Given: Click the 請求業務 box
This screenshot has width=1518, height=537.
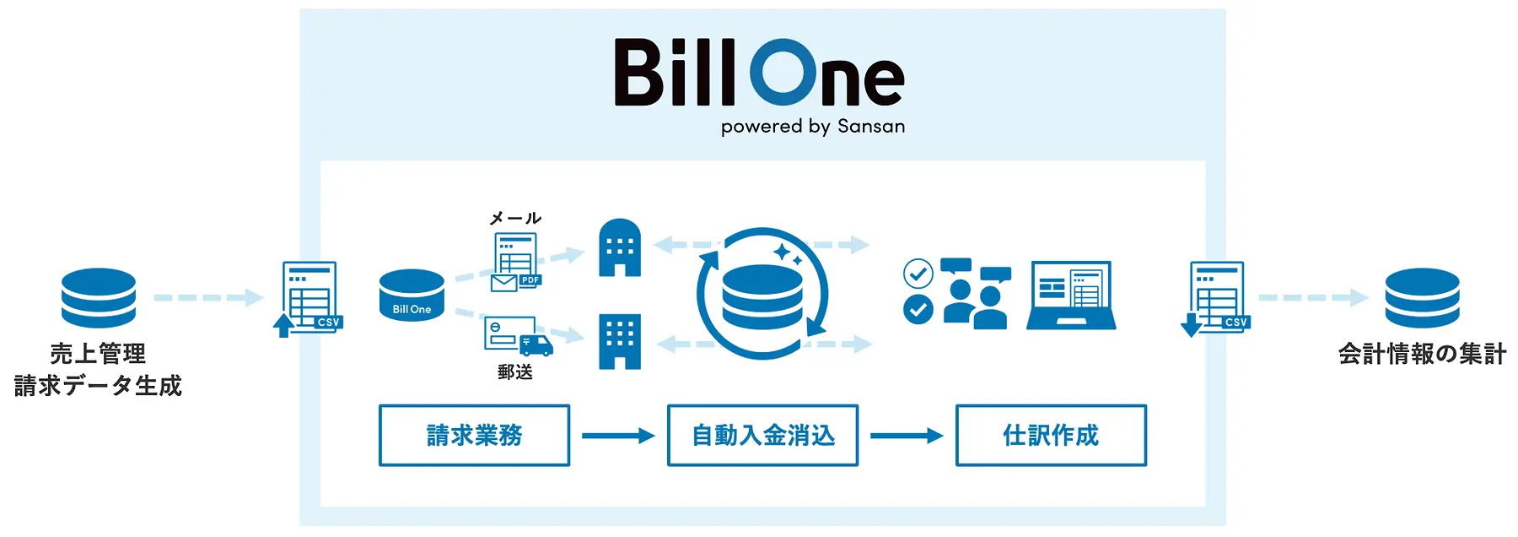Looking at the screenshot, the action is point(474,435).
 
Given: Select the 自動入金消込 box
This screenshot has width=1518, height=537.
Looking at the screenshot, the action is point(762,435).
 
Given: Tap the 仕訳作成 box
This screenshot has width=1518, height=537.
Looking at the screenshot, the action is point(1051,435).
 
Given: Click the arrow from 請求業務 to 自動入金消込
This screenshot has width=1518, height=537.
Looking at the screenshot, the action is point(618,436).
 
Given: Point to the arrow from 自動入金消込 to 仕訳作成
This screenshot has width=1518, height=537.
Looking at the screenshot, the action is point(907,436).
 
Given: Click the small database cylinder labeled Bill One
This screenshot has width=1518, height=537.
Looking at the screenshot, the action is point(412,296).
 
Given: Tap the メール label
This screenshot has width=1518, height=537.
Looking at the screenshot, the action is point(515,218).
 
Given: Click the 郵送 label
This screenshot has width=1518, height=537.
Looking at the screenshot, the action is point(515,372).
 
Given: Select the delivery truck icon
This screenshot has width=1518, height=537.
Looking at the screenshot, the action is point(536,344).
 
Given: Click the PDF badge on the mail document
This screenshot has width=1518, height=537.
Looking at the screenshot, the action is point(530,280).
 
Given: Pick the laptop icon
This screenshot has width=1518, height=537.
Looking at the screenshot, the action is point(1071,295).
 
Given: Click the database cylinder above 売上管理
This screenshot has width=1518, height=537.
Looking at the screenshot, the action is point(99,297).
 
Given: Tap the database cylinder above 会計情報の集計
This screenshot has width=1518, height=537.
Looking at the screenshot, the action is point(1422,297).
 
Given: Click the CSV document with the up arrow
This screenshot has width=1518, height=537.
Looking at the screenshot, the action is point(309,299).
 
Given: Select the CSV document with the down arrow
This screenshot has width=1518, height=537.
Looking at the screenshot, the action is point(1216,299).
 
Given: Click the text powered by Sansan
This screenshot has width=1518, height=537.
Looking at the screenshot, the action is point(813,127).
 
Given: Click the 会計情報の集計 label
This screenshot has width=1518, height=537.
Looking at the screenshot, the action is point(1422,354).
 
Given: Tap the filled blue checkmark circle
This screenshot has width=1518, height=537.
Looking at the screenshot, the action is point(918,309).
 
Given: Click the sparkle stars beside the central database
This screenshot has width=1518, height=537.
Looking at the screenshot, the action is point(788,254).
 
